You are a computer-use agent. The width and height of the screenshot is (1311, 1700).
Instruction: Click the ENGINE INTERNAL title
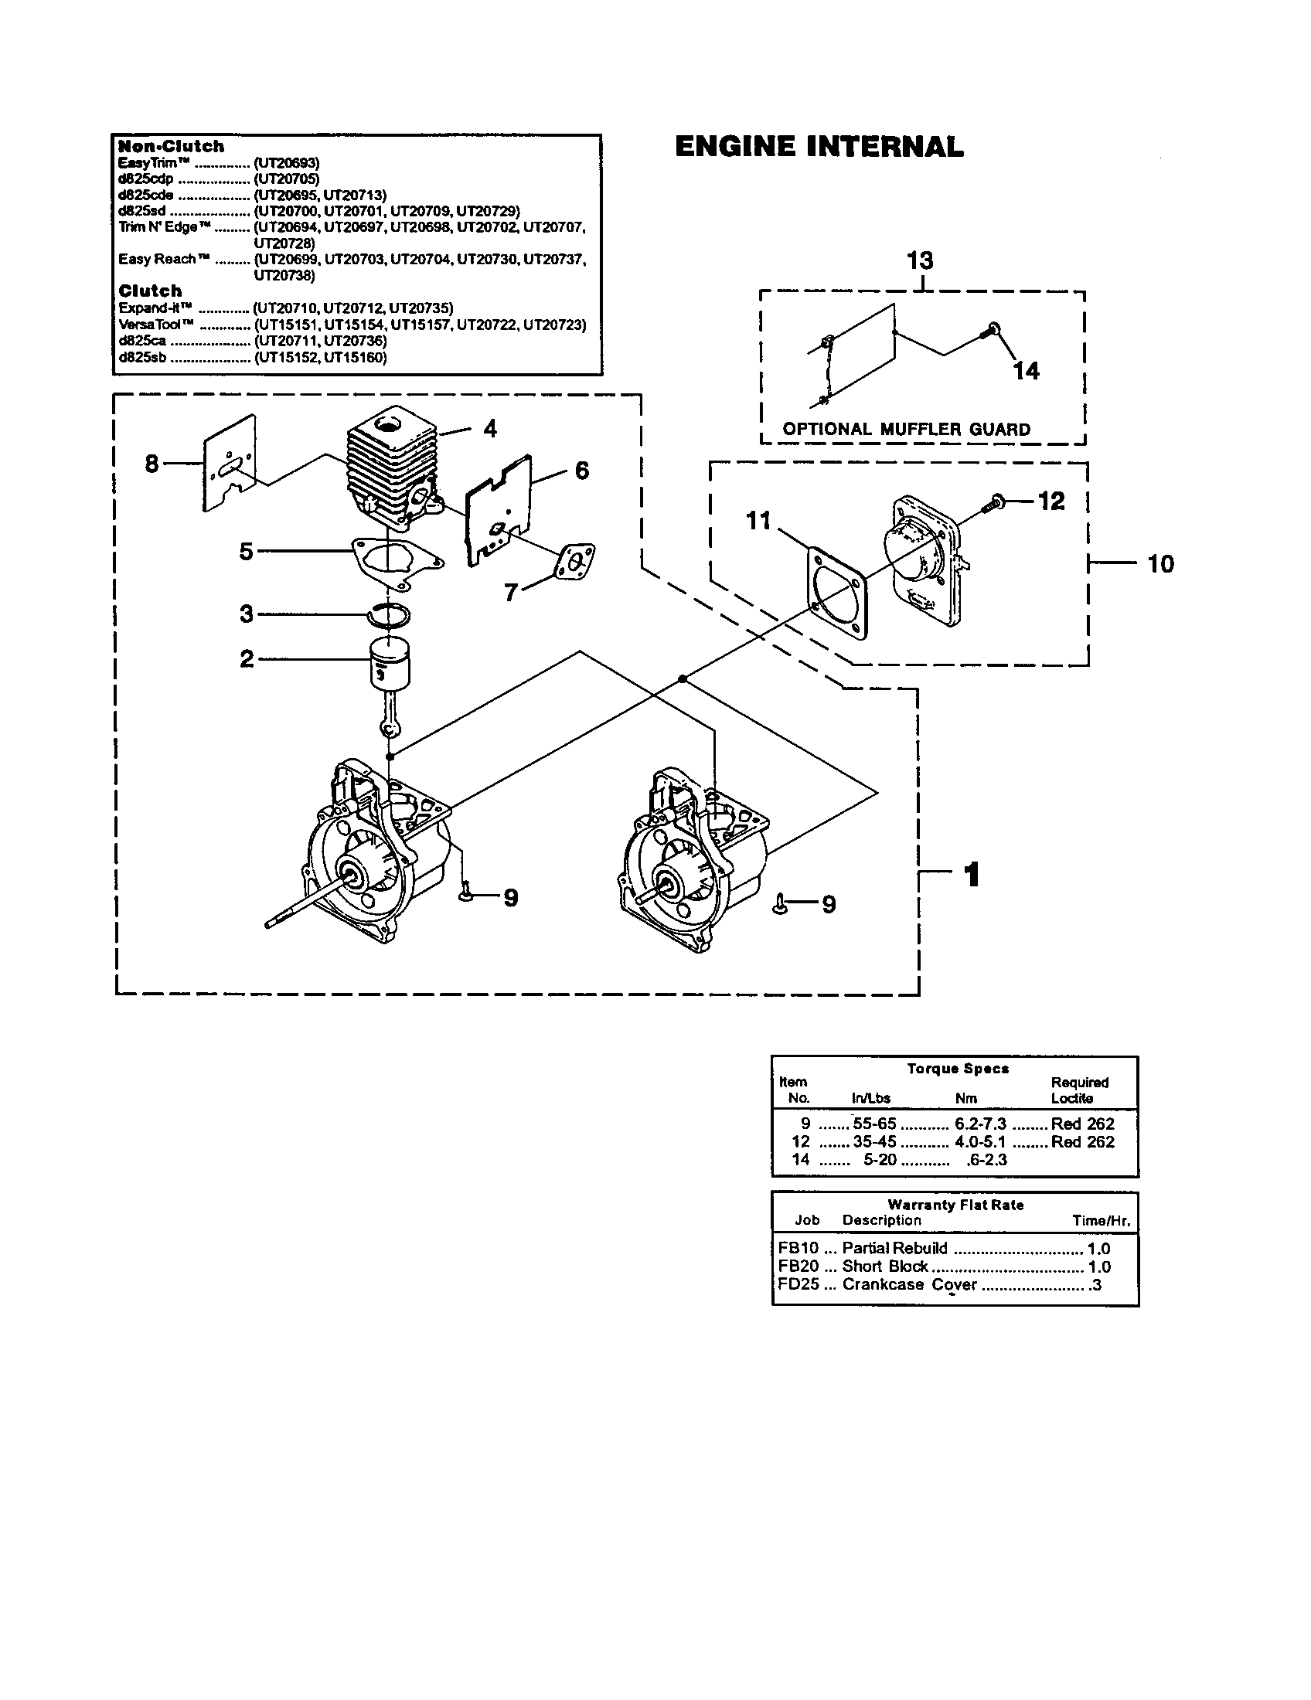tap(818, 146)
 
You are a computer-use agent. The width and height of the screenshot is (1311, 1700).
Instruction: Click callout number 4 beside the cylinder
tap(489, 428)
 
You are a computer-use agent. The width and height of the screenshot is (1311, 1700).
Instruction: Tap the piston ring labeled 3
tap(389, 615)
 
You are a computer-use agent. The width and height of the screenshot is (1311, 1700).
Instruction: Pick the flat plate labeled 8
tap(230, 464)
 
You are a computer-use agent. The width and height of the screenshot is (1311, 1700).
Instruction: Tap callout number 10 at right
tap(1160, 563)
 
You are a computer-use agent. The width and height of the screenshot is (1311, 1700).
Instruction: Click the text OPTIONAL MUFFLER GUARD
tap(906, 429)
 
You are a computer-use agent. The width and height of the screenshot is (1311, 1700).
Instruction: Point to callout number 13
tap(920, 260)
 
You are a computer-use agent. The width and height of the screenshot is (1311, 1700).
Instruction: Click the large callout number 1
tap(971, 874)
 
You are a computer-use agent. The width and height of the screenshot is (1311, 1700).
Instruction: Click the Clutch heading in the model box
tap(149, 291)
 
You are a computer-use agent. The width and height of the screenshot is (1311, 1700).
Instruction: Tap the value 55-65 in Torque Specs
tap(874, 1124)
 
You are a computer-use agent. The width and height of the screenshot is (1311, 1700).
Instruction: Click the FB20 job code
tap(798, 1266)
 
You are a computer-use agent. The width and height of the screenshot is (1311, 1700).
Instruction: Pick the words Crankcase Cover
tap(908, 1284)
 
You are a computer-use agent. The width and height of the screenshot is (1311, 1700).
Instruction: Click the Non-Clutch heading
tap(171, 146)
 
